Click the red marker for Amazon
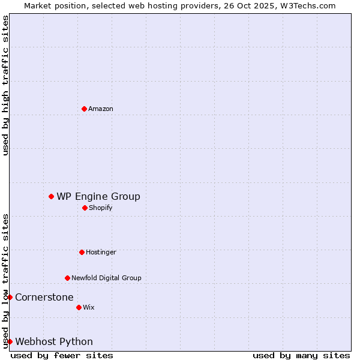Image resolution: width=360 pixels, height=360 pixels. [x=84, y=109]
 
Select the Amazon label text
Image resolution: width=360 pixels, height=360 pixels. [x=101, y=109]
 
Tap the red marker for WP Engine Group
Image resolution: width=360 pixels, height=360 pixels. [x=51, y=196]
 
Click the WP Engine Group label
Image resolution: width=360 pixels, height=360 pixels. [x=98, y=197]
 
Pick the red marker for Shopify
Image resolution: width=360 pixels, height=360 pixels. [x=85, y=208]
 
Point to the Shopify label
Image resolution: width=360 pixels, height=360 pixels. [x=100, y=208]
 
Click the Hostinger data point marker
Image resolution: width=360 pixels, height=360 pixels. [x=82, y=252]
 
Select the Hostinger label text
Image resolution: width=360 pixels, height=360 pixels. [x=101, y=253]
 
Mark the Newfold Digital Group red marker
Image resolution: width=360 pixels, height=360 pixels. [x=67, y=278]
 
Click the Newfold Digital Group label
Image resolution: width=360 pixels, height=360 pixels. [x=106, y=278]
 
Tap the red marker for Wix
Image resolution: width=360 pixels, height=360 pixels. [x=79, y=307]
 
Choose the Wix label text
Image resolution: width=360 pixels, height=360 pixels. [x=89, y=308]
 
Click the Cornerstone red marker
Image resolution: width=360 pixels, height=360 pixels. [x=10, y=297]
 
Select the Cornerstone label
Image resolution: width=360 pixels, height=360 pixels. [x=44, y=298]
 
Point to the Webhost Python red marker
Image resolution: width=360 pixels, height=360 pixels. [x=10, y=341]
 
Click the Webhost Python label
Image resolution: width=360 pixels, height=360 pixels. [x=54, y=342]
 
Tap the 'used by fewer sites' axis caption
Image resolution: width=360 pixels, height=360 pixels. [x=62, y=355]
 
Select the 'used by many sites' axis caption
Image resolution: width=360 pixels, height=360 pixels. [x=301, y=355]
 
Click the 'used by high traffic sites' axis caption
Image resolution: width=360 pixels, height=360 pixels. [x=5, y=85]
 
